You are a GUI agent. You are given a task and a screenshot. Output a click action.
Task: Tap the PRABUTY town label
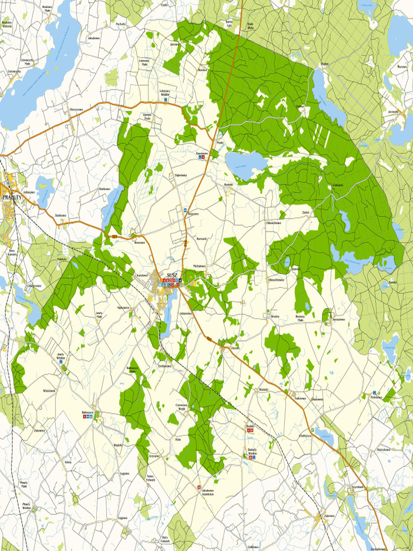tap(12, 197)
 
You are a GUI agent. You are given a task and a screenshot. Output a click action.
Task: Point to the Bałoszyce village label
tap(88, 412)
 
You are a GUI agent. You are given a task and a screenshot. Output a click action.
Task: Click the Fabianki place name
tap(338, 185)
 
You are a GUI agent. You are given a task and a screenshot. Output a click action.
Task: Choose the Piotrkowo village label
tap(376, 398)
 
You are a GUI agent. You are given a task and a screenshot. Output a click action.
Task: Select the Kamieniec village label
tap(202, 153)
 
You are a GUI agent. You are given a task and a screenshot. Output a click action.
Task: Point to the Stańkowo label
tap(59, 215)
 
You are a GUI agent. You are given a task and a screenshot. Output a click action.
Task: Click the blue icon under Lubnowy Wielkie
tap(166, 100)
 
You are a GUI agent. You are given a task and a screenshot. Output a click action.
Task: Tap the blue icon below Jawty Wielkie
tap(61, 362)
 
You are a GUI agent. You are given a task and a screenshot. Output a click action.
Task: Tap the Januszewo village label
tap(338, 319)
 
